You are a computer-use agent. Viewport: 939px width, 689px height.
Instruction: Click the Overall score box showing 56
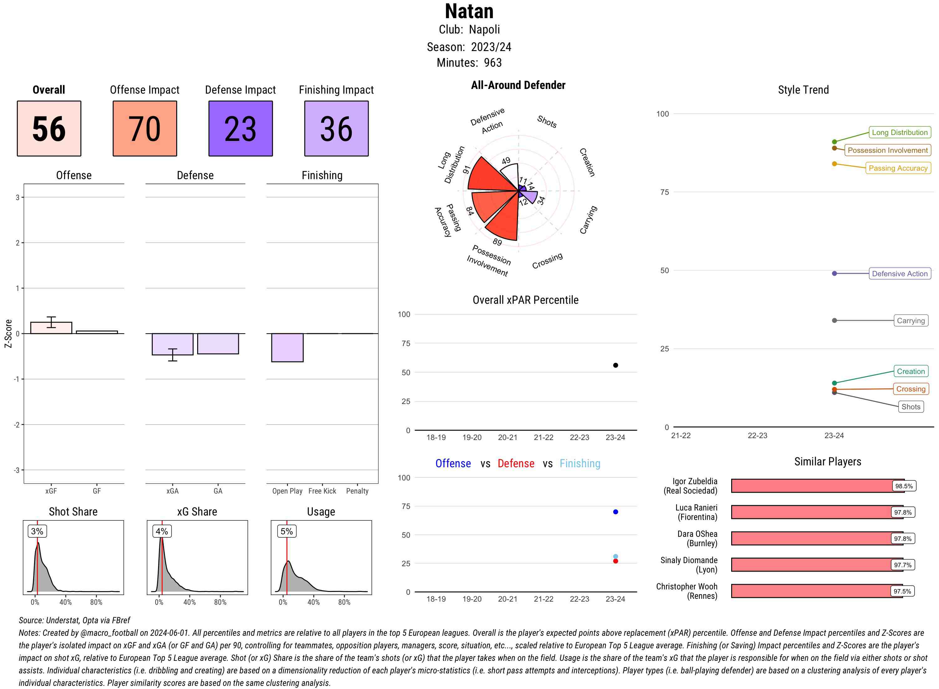tap(49, 128)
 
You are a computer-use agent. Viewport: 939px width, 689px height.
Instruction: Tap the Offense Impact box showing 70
tap(145, 128)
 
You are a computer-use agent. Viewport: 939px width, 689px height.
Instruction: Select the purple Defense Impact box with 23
tap(240, 128)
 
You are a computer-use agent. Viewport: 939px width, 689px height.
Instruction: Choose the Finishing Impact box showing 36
tap(336, 128)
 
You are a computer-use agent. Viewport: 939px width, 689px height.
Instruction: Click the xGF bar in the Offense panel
tap(51, 328)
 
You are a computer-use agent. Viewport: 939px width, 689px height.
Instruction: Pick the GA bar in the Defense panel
tap(218, 344)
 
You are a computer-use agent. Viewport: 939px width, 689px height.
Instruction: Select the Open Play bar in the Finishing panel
tap(287, 347)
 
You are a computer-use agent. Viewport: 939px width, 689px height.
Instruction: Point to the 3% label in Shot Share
tap(37, 531)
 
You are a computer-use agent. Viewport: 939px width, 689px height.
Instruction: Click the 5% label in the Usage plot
tap(287, 531)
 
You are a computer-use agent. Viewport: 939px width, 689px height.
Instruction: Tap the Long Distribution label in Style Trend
tap(900, 132)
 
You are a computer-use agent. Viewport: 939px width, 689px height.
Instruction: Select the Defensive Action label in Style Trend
tap(900, 274)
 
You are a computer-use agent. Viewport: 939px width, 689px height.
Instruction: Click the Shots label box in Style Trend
tap(911, 407)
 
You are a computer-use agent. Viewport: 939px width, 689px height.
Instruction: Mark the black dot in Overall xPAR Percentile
tap(616, 365)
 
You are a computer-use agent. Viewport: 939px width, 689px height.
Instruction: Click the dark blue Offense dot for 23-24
tap(616, 512)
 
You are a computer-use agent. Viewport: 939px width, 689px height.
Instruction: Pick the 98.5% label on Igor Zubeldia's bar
tap(904, 486)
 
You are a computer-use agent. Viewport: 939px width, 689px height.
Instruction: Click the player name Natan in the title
tap(469, 11)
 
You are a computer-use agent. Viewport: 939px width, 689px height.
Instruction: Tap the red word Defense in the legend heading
tap(516, 464)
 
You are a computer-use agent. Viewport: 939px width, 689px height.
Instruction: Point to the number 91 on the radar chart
tap(467, 169)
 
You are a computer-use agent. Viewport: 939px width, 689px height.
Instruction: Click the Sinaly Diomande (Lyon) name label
tap(689, 565)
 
